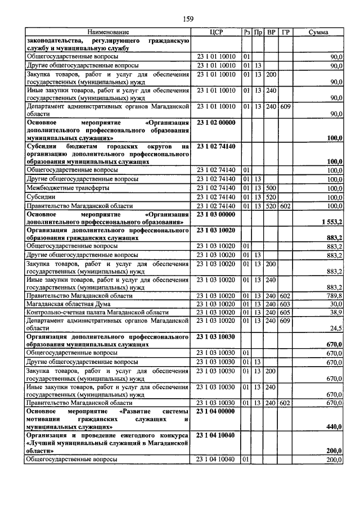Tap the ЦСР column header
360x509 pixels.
pos(216,33)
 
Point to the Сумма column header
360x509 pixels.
pos(319,33)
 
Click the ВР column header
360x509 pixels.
pos(272,33)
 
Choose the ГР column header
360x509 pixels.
pos(286,33)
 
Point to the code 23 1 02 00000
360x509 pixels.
pos(216,122)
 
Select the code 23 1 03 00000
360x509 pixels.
pos(216,214)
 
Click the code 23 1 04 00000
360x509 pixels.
pos(216,411)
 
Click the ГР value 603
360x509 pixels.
pos(286,304)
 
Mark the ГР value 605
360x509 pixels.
pos(286,312)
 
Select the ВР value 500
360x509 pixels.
pos(272,188)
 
